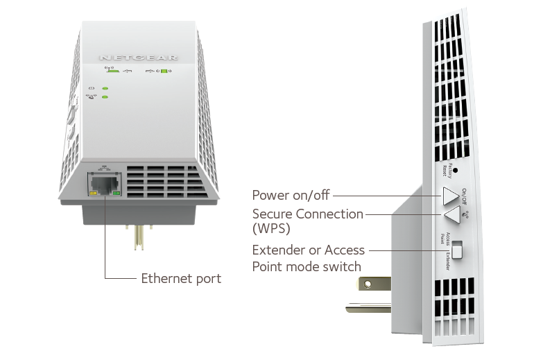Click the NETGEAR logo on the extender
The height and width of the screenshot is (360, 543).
138,58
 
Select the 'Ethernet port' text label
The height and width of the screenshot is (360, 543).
181,279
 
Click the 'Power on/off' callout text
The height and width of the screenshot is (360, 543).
291,196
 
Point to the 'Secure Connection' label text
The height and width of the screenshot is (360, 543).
308,214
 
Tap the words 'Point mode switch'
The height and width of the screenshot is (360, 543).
307,267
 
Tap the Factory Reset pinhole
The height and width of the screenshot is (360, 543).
455,169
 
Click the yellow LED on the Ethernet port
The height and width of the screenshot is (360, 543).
92,194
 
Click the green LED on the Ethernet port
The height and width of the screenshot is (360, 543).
116,194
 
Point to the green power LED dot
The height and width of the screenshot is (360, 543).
104,88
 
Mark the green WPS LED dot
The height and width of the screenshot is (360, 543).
104,97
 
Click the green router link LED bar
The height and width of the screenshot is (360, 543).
112,71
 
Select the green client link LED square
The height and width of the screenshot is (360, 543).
164,71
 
